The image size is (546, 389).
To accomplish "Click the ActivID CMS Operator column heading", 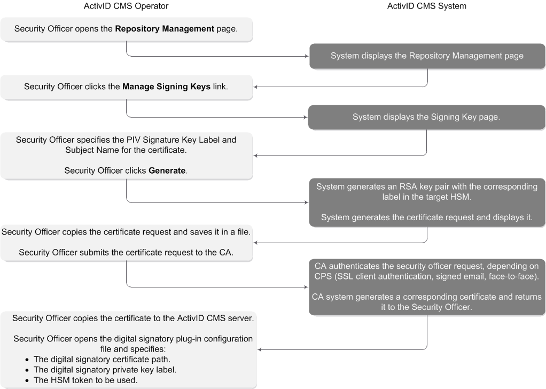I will pos(126,6).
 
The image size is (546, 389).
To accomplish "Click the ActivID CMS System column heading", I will pos(426,6).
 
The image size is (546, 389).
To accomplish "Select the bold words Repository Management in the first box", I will pos(165,29).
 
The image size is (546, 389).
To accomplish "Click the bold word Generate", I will pos(167,170).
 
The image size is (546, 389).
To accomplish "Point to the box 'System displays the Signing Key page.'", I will pos(426,117).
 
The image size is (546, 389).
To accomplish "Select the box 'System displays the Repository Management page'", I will pos(427,56).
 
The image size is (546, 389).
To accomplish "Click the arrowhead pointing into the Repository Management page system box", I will pos(306,56).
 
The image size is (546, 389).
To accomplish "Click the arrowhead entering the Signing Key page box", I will pos(305,117).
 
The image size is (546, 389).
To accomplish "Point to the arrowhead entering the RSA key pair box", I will pos(306,203).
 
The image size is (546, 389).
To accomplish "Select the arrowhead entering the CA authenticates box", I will pos(306,287).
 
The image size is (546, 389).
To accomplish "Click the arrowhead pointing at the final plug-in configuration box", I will pos(260,350).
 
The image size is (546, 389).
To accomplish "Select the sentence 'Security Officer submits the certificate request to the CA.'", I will pos(126,252).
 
